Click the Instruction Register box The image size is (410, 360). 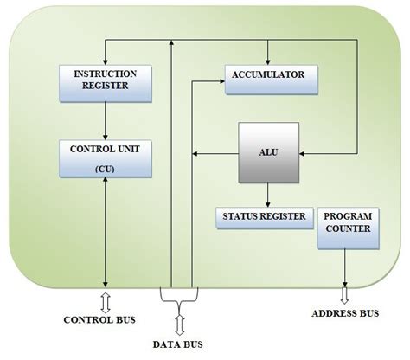click(x=105, y=80)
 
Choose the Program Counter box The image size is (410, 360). click(x=347, y=228)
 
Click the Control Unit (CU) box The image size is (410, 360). click(x=105, y=158)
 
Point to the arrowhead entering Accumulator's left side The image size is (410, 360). click(x=220, y=81)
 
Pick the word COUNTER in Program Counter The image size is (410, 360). click(x=348, y=228)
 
